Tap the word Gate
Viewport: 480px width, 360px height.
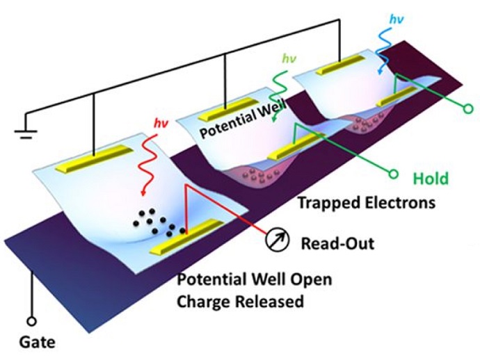coord(36,342)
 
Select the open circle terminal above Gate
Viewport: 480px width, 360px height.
coord(31,322)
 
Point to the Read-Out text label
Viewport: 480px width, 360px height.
coord(337,243)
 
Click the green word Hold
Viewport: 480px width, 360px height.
coord(431,179)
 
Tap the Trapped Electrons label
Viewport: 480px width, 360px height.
coord(366,203)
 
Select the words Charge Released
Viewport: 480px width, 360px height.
coord(240,302)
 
